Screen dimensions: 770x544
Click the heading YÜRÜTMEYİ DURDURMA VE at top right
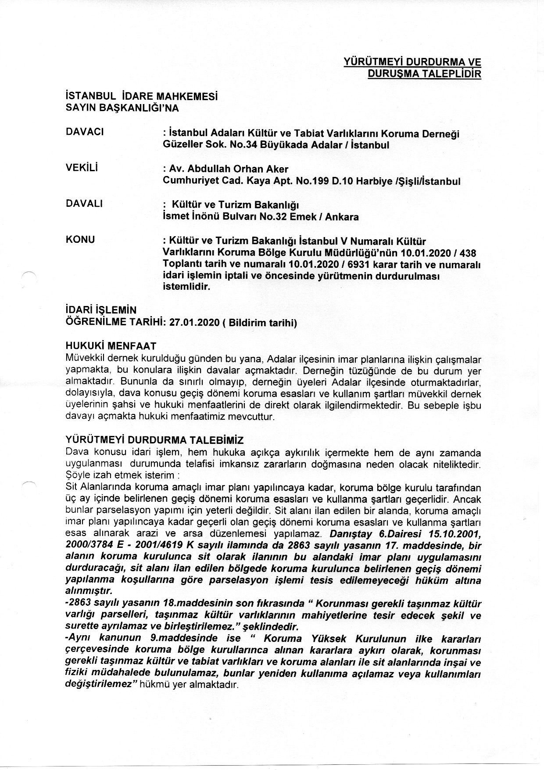[x=412, y=62]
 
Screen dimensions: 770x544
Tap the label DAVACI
[x=84, y=132]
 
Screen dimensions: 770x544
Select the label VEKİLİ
[x=82, y=168]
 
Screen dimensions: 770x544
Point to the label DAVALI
[x=84, y=204]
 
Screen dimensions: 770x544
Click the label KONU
[x=80, y=240]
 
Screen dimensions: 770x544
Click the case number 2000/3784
[x=87, y=546]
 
